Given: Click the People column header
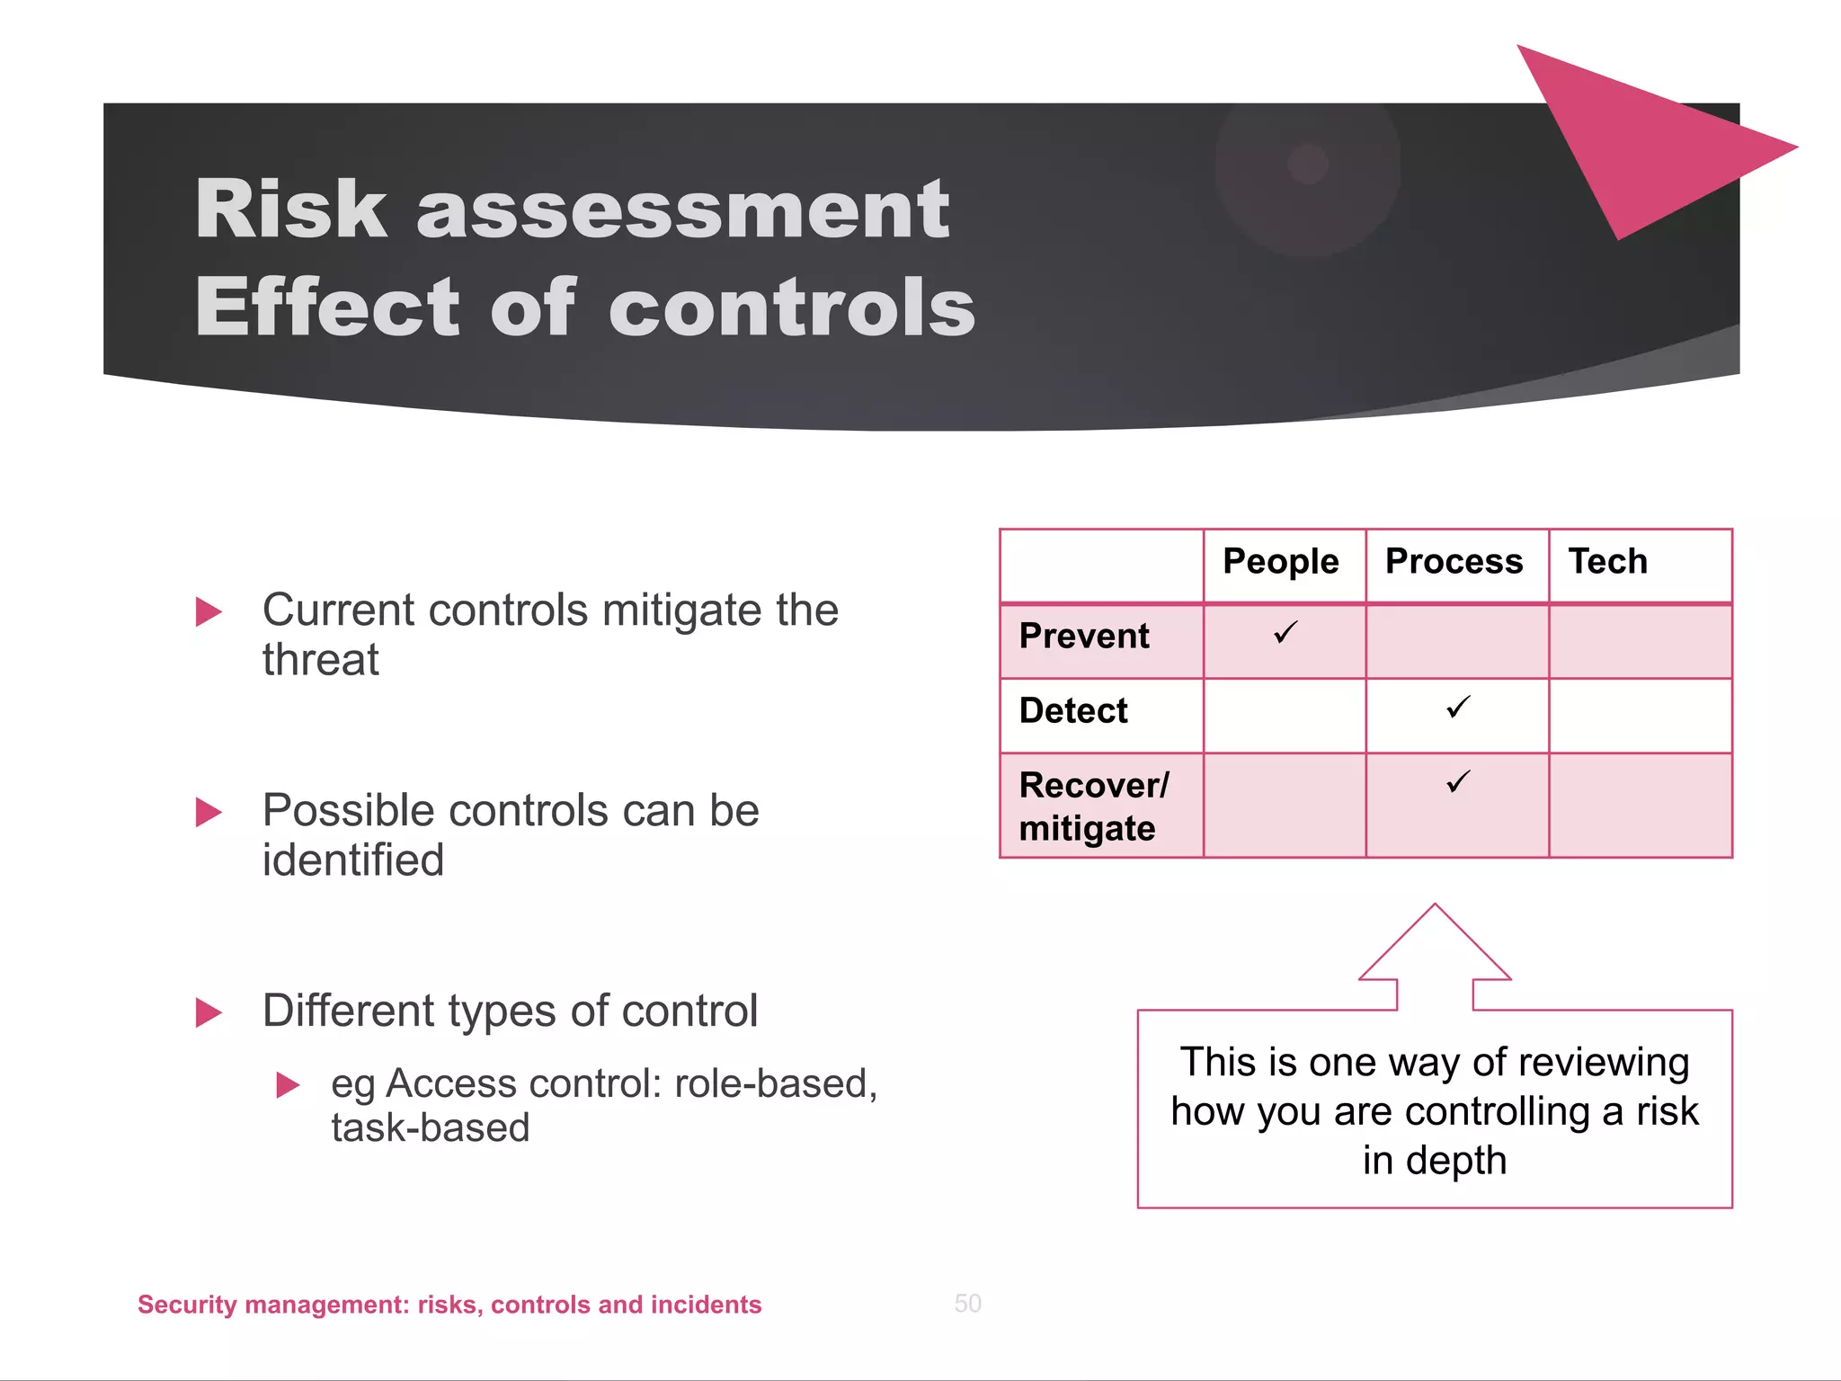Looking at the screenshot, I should coord(1280,562).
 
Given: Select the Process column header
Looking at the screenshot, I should coord(1454,562).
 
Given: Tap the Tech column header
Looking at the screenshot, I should coord(1607,562).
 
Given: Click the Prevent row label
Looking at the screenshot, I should coord(1084,637).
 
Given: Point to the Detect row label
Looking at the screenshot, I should coord(1073,711).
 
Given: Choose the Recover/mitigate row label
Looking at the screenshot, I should coord(1093,806).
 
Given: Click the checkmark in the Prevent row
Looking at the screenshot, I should coord(1285,633).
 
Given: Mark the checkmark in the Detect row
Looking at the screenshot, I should coord(1458,708).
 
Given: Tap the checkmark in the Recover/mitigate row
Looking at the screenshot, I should coord(1458,782).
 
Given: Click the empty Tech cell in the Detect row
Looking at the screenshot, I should coord(1640,716).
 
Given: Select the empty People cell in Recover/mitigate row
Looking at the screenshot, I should coord(1284,806).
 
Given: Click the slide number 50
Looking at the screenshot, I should coord(967,1304).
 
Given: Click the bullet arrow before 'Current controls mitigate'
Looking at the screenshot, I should coord(208,612).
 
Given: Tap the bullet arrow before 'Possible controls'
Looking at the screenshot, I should coord(208,813).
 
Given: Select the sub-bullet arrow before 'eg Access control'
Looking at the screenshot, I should coord(287,1085).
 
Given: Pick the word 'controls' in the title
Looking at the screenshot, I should coord(792,307).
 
